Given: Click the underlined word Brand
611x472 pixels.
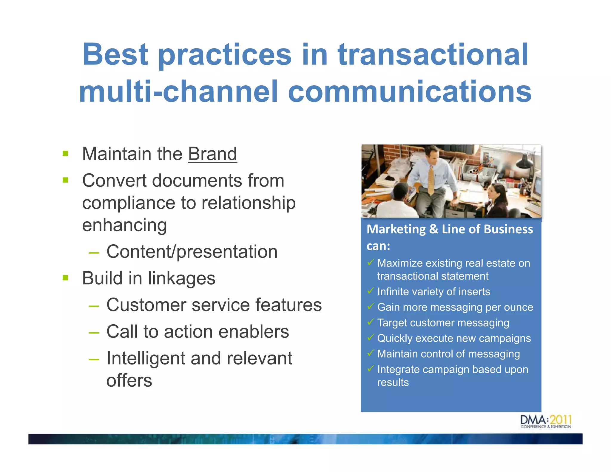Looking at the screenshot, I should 212,154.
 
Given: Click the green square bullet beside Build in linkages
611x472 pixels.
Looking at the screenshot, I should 66,278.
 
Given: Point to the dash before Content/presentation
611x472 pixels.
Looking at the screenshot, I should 94,252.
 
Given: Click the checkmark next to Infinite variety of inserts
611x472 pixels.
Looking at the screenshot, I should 371,291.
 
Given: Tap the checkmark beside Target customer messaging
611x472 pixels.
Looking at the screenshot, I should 371,322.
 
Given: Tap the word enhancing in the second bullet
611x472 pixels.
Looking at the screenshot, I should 124,225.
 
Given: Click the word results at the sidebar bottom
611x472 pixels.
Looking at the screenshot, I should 393,382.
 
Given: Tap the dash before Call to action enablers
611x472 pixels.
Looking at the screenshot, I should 94,332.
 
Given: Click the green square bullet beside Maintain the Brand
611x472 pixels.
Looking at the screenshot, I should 66,154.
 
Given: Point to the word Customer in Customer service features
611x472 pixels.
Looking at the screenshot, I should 146,305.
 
